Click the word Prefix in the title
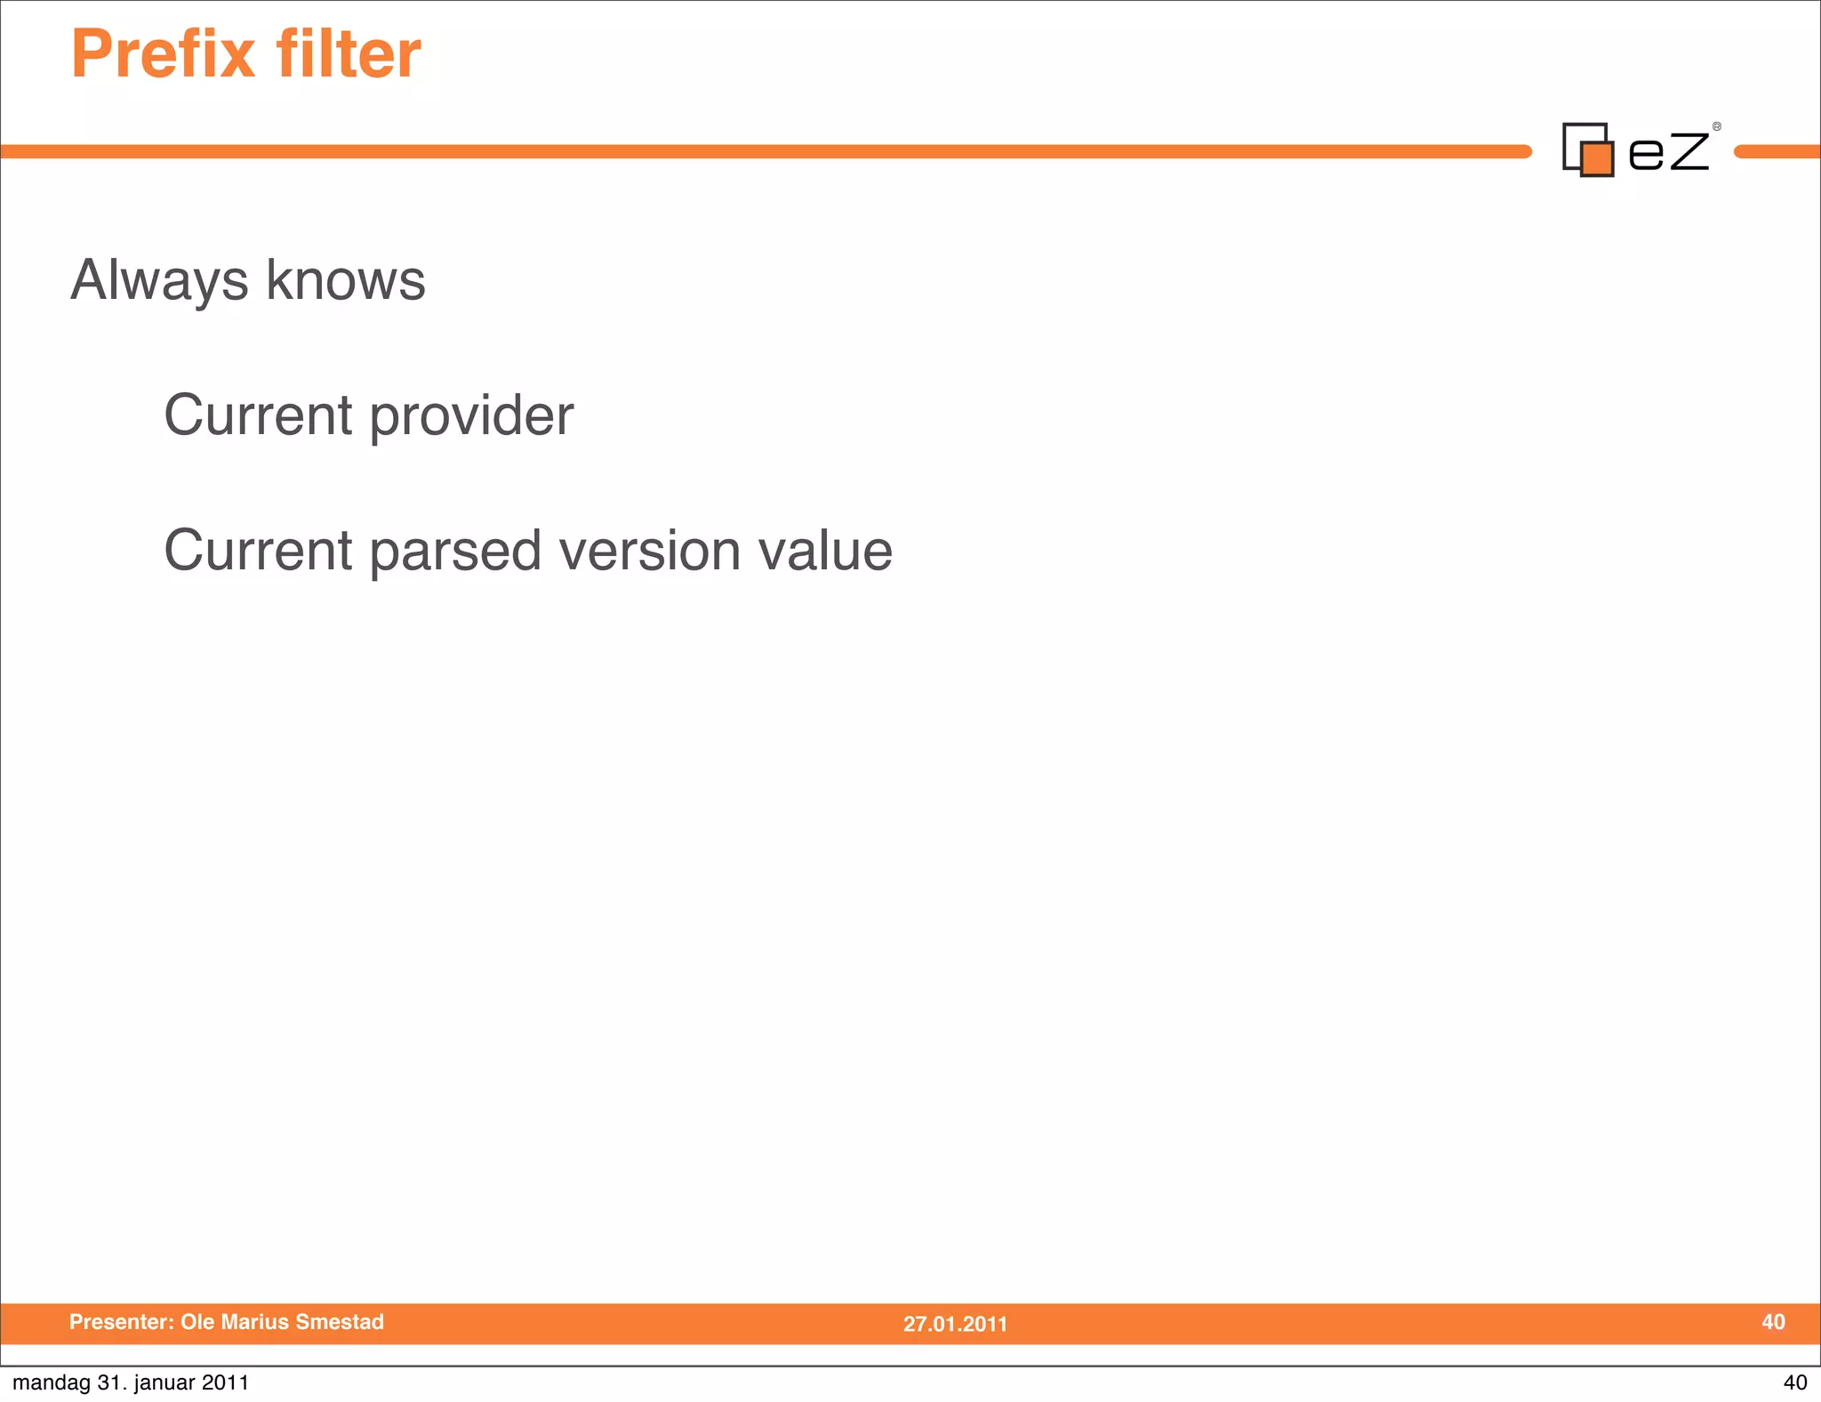pyautogui.click(x=163, y=55)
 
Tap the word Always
pyautogui.click(x=159, y=282)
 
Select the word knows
pyautogui.click(x=346, y=280)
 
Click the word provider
pyautogui.click(x=471, y=417)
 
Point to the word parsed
pyautogui.click(x=455, y=552)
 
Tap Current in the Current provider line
pyautogui.click(x=259, y=415)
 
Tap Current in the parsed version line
pyautogui.click(x=259, y=551)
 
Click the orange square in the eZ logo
pyautogui.click(x=1598, y=159)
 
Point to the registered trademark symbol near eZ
pyautogui.click(x=1716, y=127)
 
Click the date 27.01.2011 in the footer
pyautogui.click(x=955, y=1324)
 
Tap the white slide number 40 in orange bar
pyautogui.click(x=1773, y=1322)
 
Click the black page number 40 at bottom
pyautogui.click(x=1794, y=1382)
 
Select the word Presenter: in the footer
pyautogui.click(x=122, y=1322)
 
